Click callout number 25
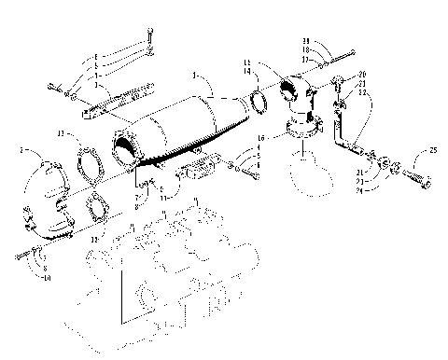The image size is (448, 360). coord(432,150)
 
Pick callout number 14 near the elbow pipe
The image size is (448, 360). coord(245,71)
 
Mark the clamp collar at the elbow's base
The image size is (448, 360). coord(305,136)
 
